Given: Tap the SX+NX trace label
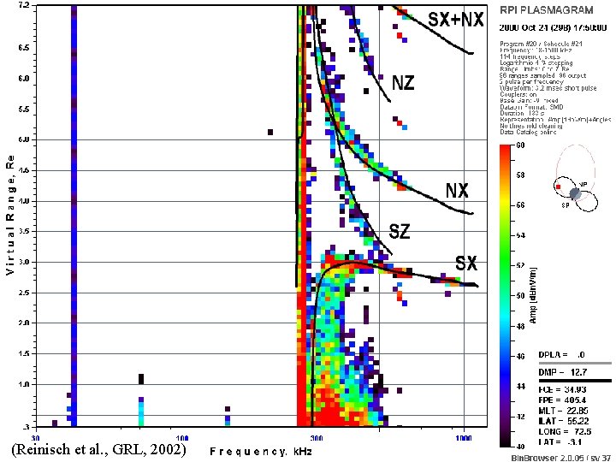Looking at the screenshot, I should click(456, 19).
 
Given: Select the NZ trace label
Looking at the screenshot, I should click(404, 83).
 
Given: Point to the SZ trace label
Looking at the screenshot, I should click(400, 230).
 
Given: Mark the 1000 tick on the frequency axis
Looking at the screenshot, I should click(463, 436).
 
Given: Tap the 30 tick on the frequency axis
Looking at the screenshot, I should click(33, 436).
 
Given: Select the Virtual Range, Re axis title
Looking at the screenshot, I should click(9, 218).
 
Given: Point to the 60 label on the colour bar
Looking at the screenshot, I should click(518, 145).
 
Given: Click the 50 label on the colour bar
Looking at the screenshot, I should click(518, 295).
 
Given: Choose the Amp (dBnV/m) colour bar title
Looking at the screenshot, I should click(532, 295).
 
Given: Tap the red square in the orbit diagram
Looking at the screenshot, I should click(558, 186).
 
